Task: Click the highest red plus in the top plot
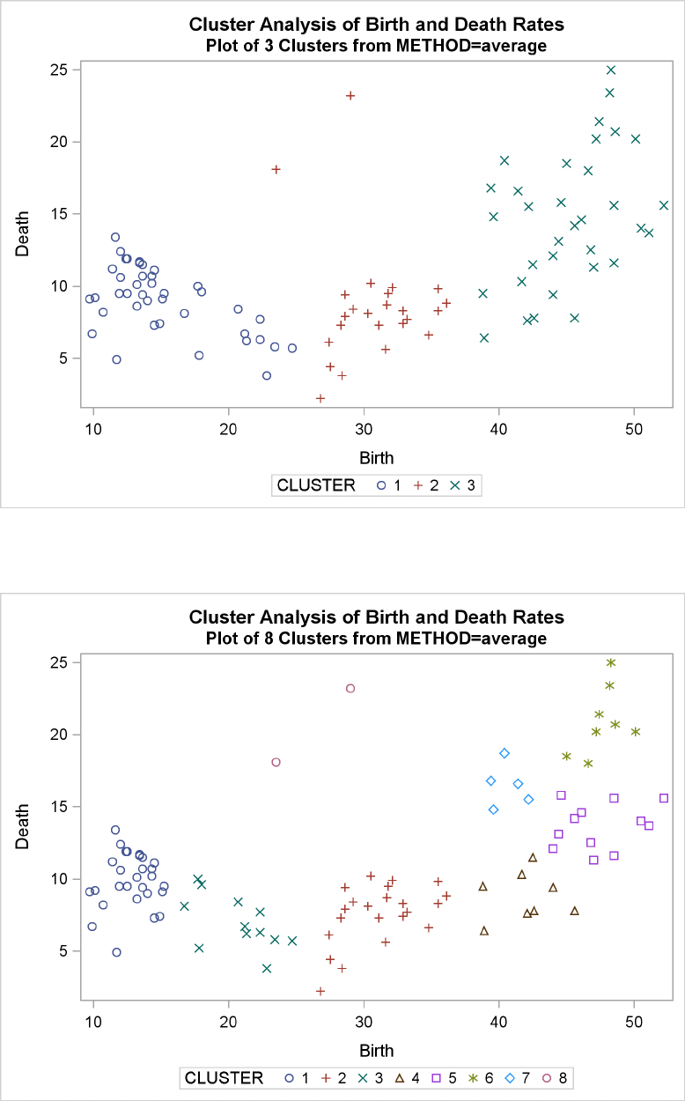350,95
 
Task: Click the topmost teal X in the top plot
611,70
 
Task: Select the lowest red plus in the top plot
320,398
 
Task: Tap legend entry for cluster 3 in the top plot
464,484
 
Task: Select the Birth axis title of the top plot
376,458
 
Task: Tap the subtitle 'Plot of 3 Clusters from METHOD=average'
377,46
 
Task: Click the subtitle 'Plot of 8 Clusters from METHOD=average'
377,638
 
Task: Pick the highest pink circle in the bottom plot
350,688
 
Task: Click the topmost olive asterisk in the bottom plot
611,662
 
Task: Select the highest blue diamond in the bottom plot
505,753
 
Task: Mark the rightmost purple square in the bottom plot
664,798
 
